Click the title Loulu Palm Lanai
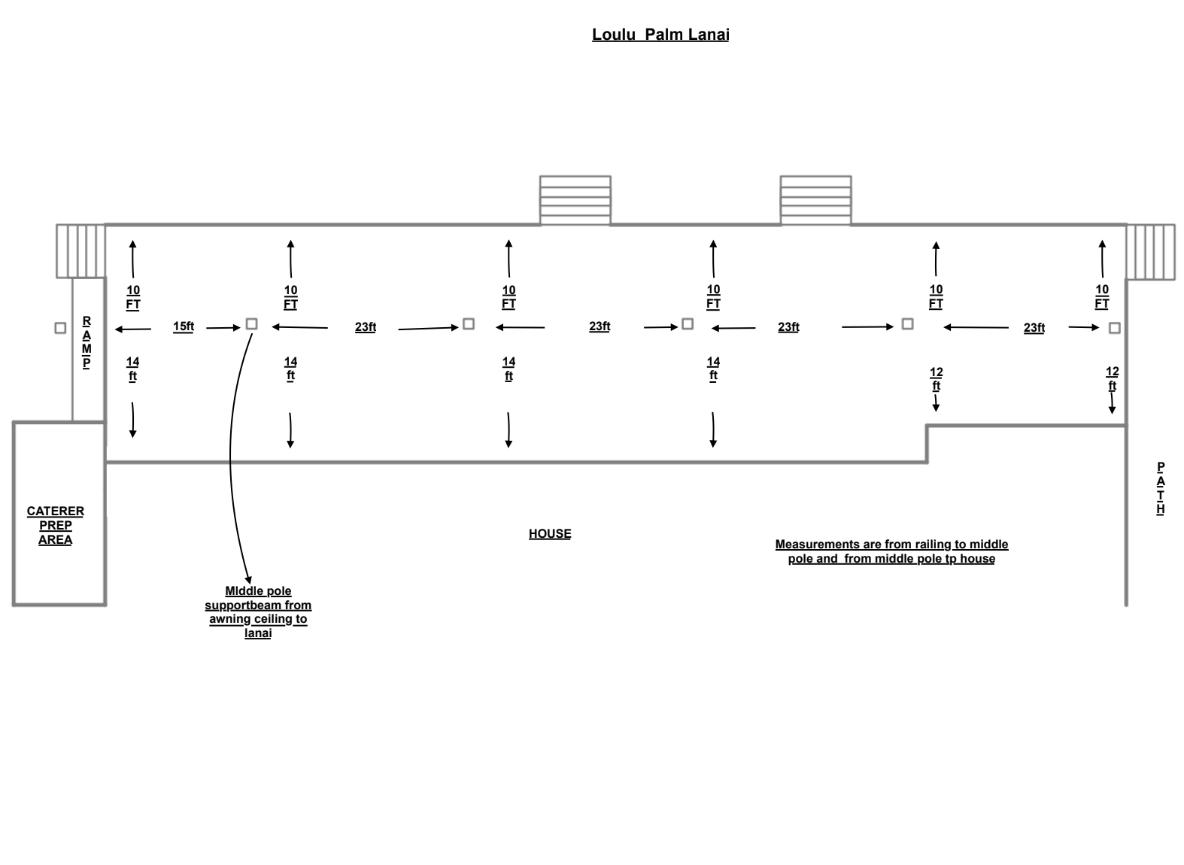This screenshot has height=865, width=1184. click(660, 35)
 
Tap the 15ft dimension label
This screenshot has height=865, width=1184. click(184, 327)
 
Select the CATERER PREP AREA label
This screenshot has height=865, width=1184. click(56, 525)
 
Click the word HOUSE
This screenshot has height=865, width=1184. click(550, 534)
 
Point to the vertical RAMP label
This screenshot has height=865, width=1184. click(87, 342)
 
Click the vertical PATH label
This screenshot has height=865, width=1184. click(1160, 488)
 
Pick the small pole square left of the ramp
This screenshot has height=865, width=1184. click(60, 328)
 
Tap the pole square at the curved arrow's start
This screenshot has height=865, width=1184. click(251, 324)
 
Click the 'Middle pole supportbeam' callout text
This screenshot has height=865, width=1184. click(258, 612)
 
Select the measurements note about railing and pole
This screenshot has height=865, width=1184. click(891, 551)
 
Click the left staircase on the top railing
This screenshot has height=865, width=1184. click(575, 200)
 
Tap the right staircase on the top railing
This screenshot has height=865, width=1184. click(815, 200)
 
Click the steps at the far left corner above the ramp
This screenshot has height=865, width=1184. click(81, 251)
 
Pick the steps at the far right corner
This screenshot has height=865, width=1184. click(1150, 251)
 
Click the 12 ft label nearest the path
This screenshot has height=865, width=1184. click(1112, 379)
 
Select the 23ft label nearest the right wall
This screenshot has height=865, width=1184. click(1034, 328)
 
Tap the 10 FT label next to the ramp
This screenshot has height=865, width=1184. click(133, 298)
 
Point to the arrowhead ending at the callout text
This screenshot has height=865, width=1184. click(248, 580)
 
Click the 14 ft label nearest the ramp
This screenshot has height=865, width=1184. click(132, 369)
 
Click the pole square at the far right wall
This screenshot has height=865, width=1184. click(1114, 328)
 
